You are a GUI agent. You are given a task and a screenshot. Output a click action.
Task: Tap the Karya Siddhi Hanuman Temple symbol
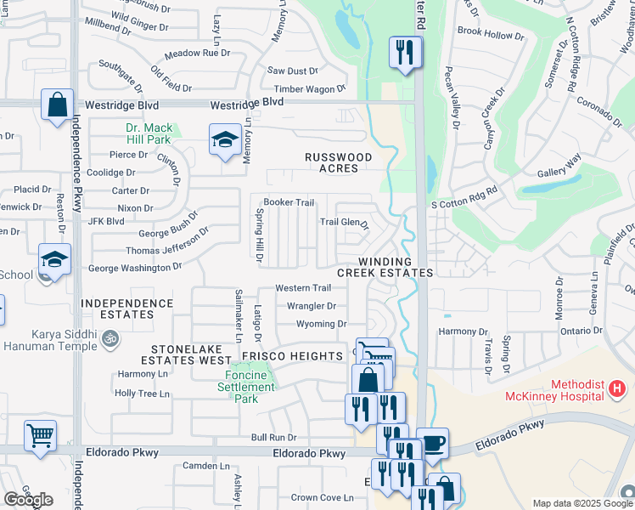[x=109, y=338]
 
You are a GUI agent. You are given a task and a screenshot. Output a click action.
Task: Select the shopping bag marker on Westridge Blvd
[x=57, y=105]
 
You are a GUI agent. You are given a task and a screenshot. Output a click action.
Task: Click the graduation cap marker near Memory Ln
[x=224, y=140]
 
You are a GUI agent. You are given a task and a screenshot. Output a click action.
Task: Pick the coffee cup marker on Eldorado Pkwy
[x=432, y=444]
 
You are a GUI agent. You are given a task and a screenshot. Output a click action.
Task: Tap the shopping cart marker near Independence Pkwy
[x=40, y=437]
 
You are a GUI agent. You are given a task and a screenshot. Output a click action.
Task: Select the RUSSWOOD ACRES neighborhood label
[x=339, y=162]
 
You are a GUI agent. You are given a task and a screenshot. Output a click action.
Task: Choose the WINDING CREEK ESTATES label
[x=385, y=267]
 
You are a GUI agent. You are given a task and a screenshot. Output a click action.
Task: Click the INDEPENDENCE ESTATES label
[x=127, y=309]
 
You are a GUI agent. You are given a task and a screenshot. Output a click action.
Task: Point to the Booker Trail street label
[x=289, y=202]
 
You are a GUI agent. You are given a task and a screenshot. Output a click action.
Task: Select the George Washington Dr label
[x=135, y=268]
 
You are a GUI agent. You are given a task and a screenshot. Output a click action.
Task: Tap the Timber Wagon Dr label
[x=310, y=88]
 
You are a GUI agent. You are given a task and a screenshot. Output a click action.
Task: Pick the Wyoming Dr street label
[x=321, y=324]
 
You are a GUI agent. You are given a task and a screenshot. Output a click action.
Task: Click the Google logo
[x=28, y=500]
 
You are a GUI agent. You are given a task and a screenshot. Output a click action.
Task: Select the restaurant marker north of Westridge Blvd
[x=406, y=52]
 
